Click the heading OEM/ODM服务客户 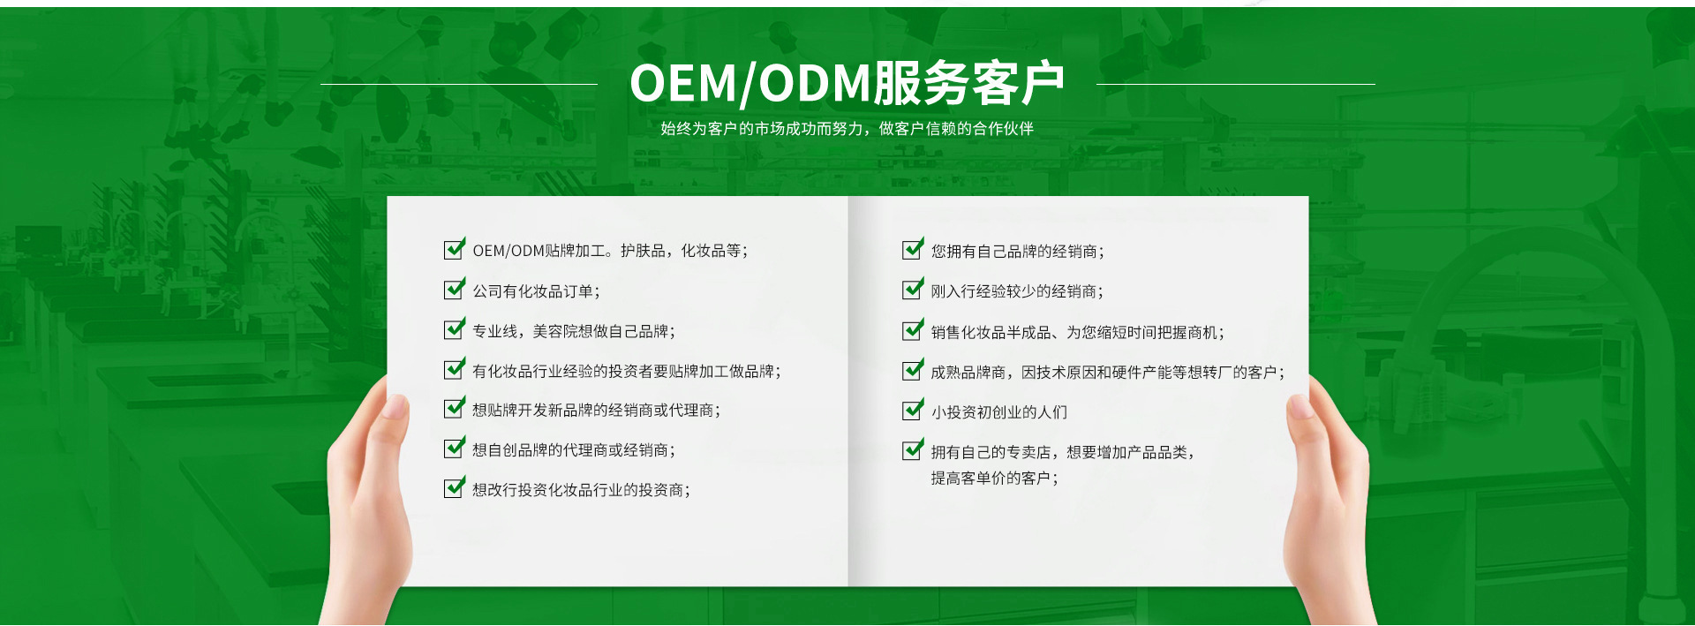847,84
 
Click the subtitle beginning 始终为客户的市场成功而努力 847,129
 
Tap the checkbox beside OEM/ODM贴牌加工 455,249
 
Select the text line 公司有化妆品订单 536,291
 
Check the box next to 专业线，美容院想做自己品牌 455,329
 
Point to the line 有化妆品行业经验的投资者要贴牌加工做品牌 627,372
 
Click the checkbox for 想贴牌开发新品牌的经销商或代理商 455,408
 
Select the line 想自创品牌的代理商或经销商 574,450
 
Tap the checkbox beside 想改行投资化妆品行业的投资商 455,487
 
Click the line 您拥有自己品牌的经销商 1017,252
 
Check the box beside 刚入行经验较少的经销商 914,290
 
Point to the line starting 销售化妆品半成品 1077,333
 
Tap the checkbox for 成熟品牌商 914,371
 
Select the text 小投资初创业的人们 998,412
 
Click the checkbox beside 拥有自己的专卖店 914,450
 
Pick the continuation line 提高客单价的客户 994,479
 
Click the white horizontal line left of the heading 459,84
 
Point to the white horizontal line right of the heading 1236,84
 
